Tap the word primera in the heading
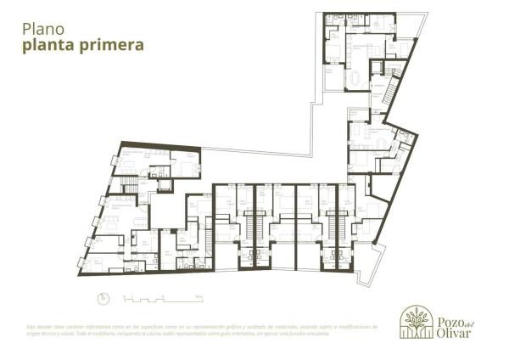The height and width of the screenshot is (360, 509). click(x=109, y=44)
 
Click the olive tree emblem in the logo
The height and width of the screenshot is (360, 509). click(x=416, y=323)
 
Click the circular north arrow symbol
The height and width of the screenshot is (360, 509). click(x=101, y=298)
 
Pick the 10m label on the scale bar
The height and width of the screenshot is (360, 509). click(x=199, y=295)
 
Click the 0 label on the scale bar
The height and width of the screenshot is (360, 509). click(x=125, y=295)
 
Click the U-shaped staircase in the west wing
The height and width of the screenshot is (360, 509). click(x=130, y=186)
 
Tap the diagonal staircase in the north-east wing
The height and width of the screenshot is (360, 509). click(x=392, y=87)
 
